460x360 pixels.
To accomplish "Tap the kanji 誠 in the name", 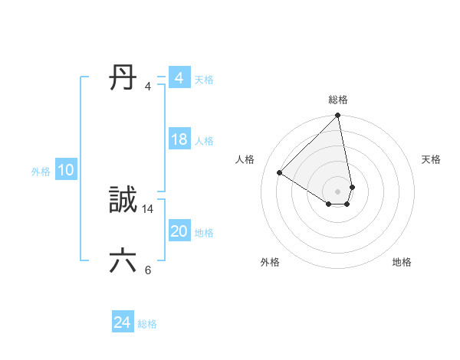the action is click(x=124, y=201).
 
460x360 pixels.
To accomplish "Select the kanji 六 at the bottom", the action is click(x=124, y=261).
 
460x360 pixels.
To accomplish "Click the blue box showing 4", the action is click(x=179, y=78).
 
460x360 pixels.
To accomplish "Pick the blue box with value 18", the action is click(x=179, y=139).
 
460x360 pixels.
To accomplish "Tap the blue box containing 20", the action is click(x=179, y=231).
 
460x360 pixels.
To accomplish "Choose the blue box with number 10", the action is click(x=66, y=171).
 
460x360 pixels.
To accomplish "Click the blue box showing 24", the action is click(x=122, y=323).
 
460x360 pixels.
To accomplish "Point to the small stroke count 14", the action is click(x=148, y=208).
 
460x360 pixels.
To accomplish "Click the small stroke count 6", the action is click(x=148, y=270).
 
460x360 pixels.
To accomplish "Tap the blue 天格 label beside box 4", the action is click(x=204, y=80).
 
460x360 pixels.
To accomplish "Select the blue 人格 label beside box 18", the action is click(x=204, y=141).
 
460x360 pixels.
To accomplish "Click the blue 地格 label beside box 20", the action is click(x=204, y=233).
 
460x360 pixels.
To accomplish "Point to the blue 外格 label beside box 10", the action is click(x=41, y=172).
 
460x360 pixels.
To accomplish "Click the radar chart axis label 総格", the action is click(x=338, y=100).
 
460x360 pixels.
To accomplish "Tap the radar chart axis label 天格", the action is click(x=432, y=159).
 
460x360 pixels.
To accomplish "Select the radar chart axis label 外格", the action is click(x=270, y=263).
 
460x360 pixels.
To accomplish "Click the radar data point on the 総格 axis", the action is click(x=338, y=116).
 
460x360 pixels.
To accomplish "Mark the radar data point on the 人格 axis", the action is click(x=280, y=172).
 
